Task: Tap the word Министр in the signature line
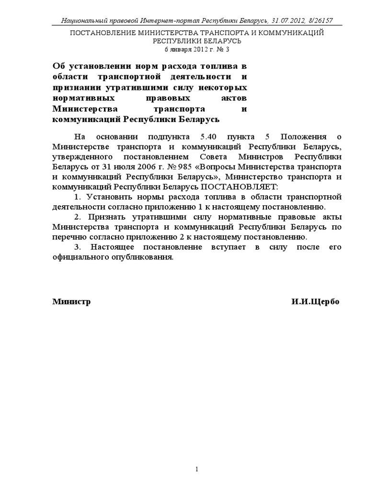point(71,302)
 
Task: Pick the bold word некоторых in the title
point(225,88)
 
